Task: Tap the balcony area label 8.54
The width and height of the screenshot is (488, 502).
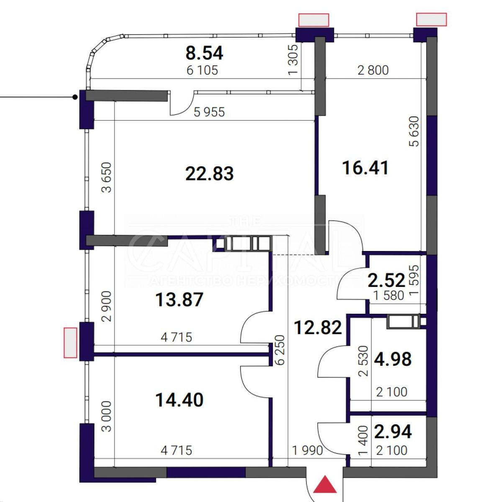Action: pyautogui.click(x=204, y=53)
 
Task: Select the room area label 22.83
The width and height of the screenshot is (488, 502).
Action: pyautogui.click(x=209, y=173)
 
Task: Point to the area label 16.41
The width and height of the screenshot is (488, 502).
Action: pyautogui.click(x=365, y=168)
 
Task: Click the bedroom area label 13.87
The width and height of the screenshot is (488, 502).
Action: pyautogui.click(x=179, y=300)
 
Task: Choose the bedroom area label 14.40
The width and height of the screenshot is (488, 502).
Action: pyautogui.click(x=179, y=400)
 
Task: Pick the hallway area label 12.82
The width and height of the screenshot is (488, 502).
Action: pyautogui.click(x=318, y=328)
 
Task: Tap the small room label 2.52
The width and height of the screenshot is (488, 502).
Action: pyautogui.click(x=386, y=280)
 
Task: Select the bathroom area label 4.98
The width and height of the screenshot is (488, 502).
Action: pyautogui.click(x=393, y=359)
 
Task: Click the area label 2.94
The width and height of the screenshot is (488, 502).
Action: pyautogui.click(x=393, y=432)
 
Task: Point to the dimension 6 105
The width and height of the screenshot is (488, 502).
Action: pyautogui.click(x=202, y=70)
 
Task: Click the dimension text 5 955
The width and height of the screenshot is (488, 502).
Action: pyautogui.click(x=209, y=112)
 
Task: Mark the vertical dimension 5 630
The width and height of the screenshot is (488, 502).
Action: pyautogui.click(x=414, y=131)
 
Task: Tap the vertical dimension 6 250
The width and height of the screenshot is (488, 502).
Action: pyautogui.click(x=280, y=350)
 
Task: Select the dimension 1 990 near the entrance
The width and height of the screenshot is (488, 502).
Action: pyautogui.click(x=307, y=451)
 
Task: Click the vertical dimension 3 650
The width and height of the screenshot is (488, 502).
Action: pyautogui.click(x=106, y=177)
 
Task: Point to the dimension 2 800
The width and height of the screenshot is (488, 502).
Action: pyautogui.click(x=373, y=70)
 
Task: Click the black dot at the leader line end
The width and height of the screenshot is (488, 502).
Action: pyautogui.click(x=75, y=97)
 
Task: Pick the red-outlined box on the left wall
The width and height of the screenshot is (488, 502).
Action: pyautogui.click(x=70, y=343)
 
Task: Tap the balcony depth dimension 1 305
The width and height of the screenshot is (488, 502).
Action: pyautogui.click(x=293, y=60)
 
